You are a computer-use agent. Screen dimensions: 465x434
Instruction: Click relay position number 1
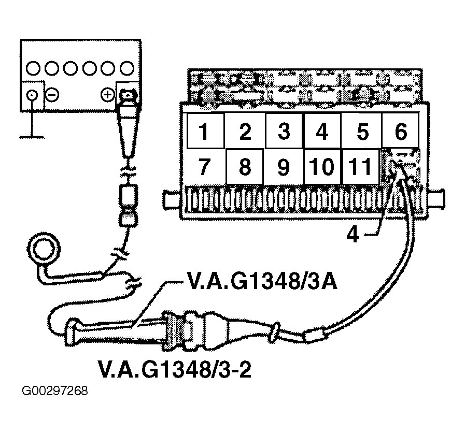203,131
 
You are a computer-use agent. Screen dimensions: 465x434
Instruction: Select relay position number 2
245,131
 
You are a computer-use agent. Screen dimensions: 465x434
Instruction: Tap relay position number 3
284,131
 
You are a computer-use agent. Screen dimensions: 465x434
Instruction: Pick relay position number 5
363,131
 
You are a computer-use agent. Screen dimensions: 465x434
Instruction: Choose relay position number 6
401,131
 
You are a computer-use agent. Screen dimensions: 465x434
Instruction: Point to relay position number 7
204,166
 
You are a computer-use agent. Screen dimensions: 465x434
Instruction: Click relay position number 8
245,166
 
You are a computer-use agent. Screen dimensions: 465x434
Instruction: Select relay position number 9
284,166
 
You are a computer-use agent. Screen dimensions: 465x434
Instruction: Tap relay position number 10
322,166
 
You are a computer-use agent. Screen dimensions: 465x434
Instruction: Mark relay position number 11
361,166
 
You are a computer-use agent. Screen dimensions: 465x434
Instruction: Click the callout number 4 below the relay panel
353,235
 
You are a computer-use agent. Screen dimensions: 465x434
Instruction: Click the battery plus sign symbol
107,95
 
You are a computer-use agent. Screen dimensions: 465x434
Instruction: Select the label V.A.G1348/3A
262,281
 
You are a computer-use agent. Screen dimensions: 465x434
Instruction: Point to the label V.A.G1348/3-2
175,369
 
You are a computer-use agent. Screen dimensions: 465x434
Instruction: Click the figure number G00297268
55,390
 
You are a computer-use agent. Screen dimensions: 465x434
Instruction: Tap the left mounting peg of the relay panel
172,200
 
